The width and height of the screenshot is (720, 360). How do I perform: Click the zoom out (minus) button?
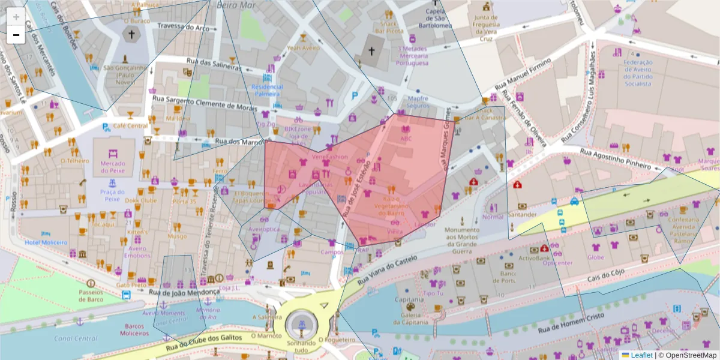point(16,35)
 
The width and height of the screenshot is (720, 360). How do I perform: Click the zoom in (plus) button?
point(16,16)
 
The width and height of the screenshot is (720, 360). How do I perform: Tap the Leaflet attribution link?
point(641,355)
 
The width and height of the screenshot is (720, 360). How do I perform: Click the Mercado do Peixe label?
point(113,168)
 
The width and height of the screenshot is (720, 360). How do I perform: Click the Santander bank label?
point(521,214)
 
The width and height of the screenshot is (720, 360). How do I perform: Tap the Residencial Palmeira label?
point(267,91)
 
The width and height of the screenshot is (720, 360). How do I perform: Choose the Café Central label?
point(130,125)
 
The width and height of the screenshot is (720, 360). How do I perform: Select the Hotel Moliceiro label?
point(45,242)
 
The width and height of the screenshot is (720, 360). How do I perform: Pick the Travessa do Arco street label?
point(184,27)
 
